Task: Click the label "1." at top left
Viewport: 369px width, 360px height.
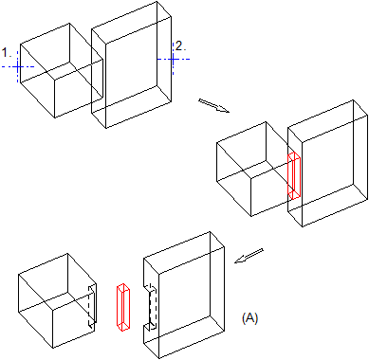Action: click(7, 53)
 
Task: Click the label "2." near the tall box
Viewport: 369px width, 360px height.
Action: click(180, 46)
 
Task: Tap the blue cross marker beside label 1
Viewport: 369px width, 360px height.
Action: click(18, 66)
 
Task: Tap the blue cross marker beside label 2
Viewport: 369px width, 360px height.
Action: click(173, 59)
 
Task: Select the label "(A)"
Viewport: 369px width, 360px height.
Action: click(249, 317)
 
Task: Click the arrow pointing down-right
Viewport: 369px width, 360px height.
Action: click(213, 105)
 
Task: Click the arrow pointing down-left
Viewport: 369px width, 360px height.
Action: click(249, 256)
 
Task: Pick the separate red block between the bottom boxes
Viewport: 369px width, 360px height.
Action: click(123, 307)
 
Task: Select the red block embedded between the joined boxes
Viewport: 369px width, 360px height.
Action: click(294, 175)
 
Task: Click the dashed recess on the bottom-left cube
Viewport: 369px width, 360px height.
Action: click(92, 307)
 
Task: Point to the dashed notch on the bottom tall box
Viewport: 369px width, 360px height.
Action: click(153, 307)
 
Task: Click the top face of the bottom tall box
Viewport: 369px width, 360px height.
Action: click(184, 252)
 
